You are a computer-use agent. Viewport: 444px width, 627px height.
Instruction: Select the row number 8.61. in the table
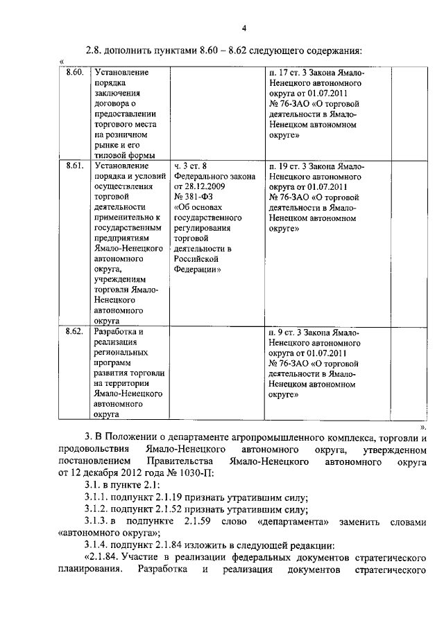(x=74, y=166)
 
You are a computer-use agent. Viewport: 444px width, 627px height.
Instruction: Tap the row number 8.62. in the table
(x=74, y=331)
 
